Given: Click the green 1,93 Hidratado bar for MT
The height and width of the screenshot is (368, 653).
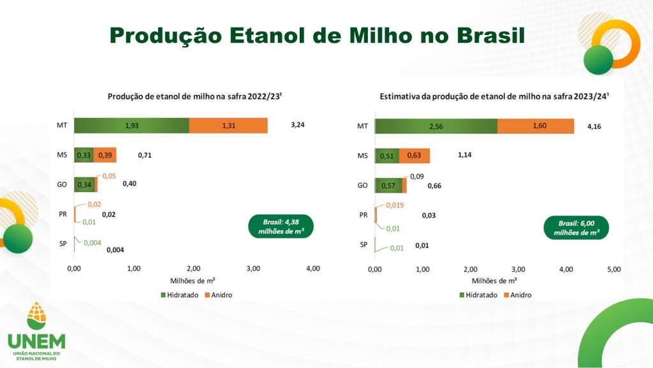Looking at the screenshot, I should click(x=131, y=126).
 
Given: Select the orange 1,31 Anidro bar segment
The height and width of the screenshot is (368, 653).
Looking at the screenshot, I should click(x=228, y=126).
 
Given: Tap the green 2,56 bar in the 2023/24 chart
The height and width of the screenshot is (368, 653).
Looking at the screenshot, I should click(x=436, y=126).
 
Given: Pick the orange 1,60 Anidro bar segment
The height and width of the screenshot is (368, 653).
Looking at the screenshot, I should click(x=536, y=126).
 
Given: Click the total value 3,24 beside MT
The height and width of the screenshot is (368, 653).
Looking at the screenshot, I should click(x=297, y=125).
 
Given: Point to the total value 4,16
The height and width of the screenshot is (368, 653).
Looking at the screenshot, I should click(x=593, y=126).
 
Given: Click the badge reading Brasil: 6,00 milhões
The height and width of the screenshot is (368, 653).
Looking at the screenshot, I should click(x=576, y=227).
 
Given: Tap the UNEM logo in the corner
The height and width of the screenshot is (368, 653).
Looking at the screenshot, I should click(x=36, y=331).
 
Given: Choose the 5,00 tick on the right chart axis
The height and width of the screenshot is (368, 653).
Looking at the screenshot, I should click(x=613, y=269).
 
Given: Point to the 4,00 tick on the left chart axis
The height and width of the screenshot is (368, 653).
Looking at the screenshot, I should click(x=312, y=269).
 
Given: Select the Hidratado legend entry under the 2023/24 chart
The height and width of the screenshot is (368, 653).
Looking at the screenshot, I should click(x=478, y=295).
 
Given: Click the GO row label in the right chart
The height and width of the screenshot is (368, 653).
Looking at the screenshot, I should click(x=362, y=186).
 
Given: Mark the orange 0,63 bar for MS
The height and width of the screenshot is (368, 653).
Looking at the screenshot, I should click(x=415, y=156).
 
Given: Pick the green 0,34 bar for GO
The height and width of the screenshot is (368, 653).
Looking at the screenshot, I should click(x=83, y=185).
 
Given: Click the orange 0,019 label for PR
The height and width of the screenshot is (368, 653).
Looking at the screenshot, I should click(x=395, y=206).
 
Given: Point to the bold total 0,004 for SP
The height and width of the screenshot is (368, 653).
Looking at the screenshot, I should click(x=115, y=250).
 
